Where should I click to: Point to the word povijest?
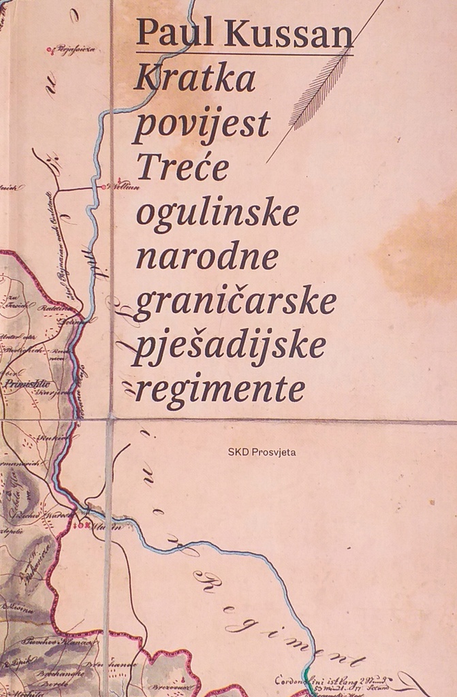(202, 126)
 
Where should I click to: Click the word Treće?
(183, 168)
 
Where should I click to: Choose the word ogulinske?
(217, 213)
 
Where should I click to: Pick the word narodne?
(207, 257)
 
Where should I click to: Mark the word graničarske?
(235, 304)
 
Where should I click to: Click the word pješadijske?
(230, 347)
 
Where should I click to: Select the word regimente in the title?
(219, 391)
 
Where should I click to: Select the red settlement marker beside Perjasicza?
(49, 50)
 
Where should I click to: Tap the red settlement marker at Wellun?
(102, 186)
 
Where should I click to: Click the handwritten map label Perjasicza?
(75, 49)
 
